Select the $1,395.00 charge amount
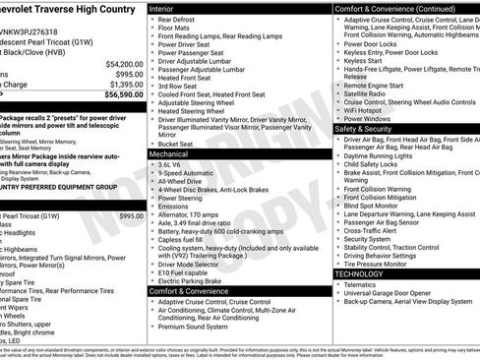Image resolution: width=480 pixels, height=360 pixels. point(125,85)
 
